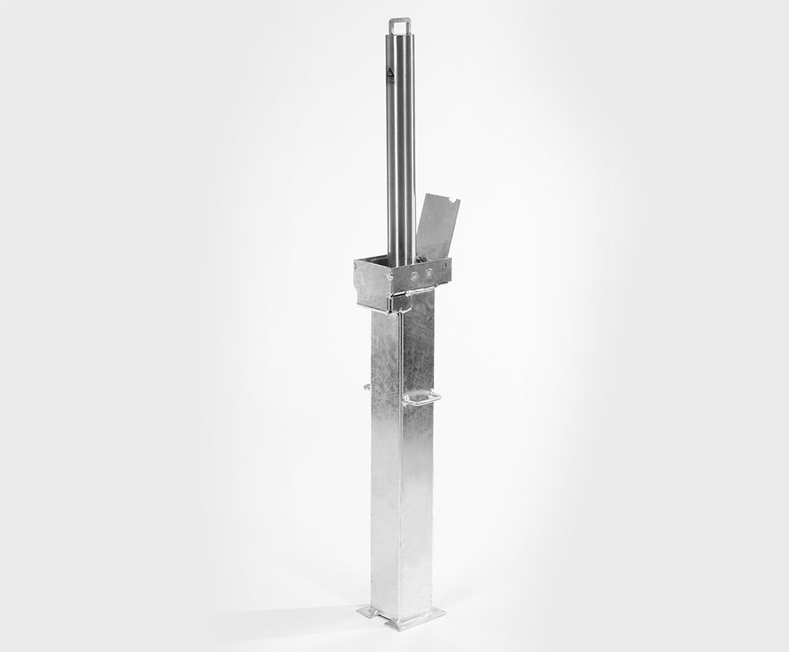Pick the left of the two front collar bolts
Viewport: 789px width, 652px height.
pos(416,277)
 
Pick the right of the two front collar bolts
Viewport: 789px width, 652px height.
pos(428,275)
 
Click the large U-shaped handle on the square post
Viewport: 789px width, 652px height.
pos(422,398)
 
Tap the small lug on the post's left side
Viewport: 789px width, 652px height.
pos(367,386)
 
